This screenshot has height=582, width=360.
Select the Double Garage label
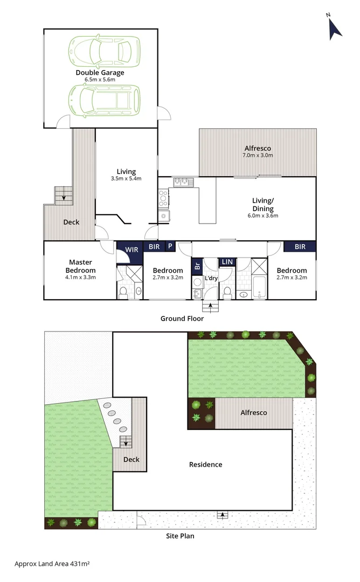pyautogui.click(x=100, y=73)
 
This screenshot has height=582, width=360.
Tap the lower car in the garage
pyautogui.click(x=104, y=100)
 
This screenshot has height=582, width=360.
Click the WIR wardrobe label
pyautogui.click(x=131, y=250)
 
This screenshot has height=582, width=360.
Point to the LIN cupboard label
pyautogui.click(x=227, y=261)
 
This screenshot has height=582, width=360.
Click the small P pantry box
pyautogui.click(x=170, y=246)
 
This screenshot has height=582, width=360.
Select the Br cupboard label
pyautogui.click(x=197, y=266)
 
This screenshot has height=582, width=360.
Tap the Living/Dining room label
pyautogui.click(x=263, y=205)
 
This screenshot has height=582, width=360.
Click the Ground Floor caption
pyautogui.click(x=182, y=318)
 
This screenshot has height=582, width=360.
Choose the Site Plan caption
pyautogui.click(x=180, y=536)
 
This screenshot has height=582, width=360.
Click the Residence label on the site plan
pyautogui.click(x=205, y=465)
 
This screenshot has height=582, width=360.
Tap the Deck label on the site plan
pyautogui.click(x=131, y=460)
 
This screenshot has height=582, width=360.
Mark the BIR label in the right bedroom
pyautogui.click(x=300, y=247)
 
